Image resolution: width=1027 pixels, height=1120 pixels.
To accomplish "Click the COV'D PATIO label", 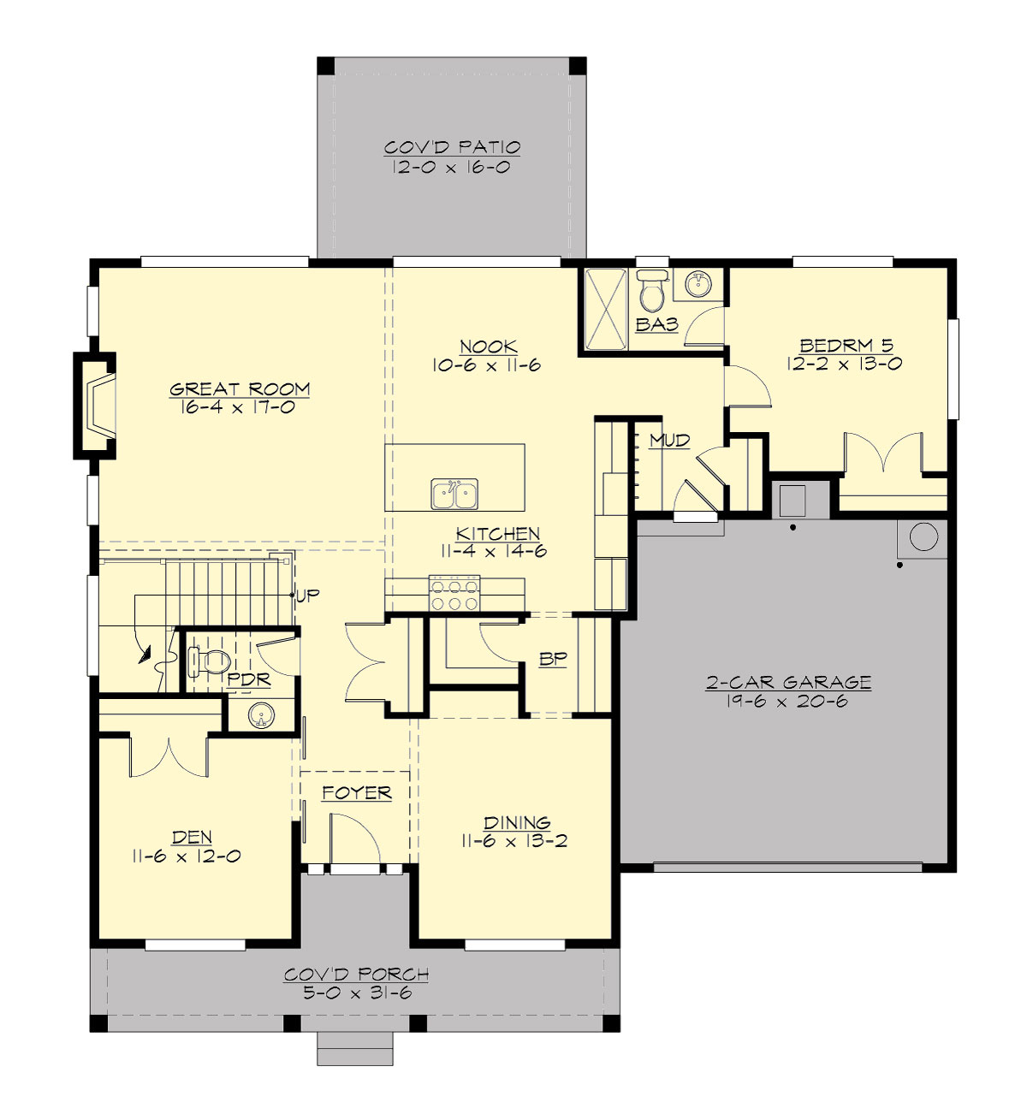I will (452, 147).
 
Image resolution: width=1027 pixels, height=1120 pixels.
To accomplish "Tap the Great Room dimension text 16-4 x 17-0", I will (238, 408).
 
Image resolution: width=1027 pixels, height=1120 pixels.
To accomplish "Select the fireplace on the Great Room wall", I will (96, 406).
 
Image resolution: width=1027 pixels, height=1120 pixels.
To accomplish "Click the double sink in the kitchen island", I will (454, 495).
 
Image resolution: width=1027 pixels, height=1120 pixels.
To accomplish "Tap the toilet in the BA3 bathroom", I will (652, 291).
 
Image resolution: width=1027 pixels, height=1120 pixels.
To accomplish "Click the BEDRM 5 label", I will (846, 346).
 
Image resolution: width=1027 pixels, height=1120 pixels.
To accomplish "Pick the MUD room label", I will (669, 441).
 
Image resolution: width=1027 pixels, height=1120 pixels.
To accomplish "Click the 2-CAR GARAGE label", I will (788, 682).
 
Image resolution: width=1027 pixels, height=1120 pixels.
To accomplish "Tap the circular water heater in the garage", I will (923, 537).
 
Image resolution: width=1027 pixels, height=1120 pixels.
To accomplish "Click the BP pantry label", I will (553, 660).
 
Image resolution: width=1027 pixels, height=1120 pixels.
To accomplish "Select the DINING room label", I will (517, 822).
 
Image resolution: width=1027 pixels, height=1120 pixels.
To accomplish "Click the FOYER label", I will (357, 793).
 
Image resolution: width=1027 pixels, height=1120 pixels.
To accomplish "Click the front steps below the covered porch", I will (355, 1048).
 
